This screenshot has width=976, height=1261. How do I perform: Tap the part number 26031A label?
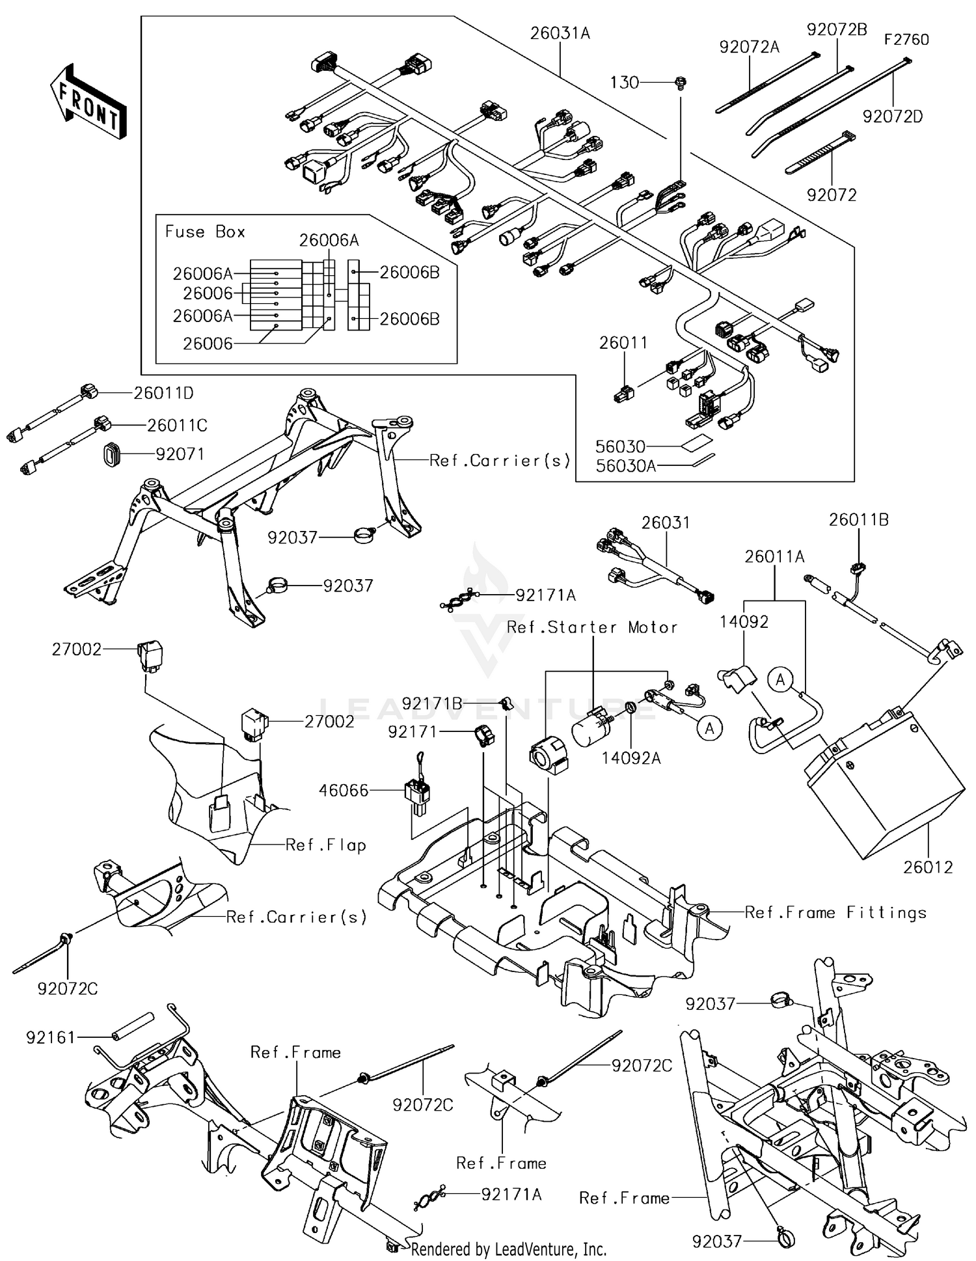[x=560, y=33]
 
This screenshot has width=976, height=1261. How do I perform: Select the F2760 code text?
[x=906, y=40]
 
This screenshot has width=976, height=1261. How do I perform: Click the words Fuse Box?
[x=205, y=232]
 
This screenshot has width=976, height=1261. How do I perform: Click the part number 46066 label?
[x=344, y=791]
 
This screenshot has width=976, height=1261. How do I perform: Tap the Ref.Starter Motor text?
[x=592, y=627]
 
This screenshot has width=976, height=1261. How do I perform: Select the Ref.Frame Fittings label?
[x=835, y=913]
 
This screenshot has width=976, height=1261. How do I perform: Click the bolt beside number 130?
[x=681, y=83]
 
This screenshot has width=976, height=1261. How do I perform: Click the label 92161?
[x=51, y=1038]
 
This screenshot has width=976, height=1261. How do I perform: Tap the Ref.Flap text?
[x=326, y=845]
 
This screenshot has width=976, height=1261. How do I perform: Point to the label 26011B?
[x=858, y=520]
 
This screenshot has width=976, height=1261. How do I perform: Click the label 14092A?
[x=630, y=758]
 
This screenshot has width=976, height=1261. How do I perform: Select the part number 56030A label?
[x=626, y=465]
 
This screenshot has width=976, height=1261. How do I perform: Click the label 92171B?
[x=432, y=704]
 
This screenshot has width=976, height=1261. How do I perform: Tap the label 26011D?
[x=164, y=393]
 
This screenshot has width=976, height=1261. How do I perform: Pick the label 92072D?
[x=893, y=116]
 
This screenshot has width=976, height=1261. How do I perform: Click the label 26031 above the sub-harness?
[x=666, y=522]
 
